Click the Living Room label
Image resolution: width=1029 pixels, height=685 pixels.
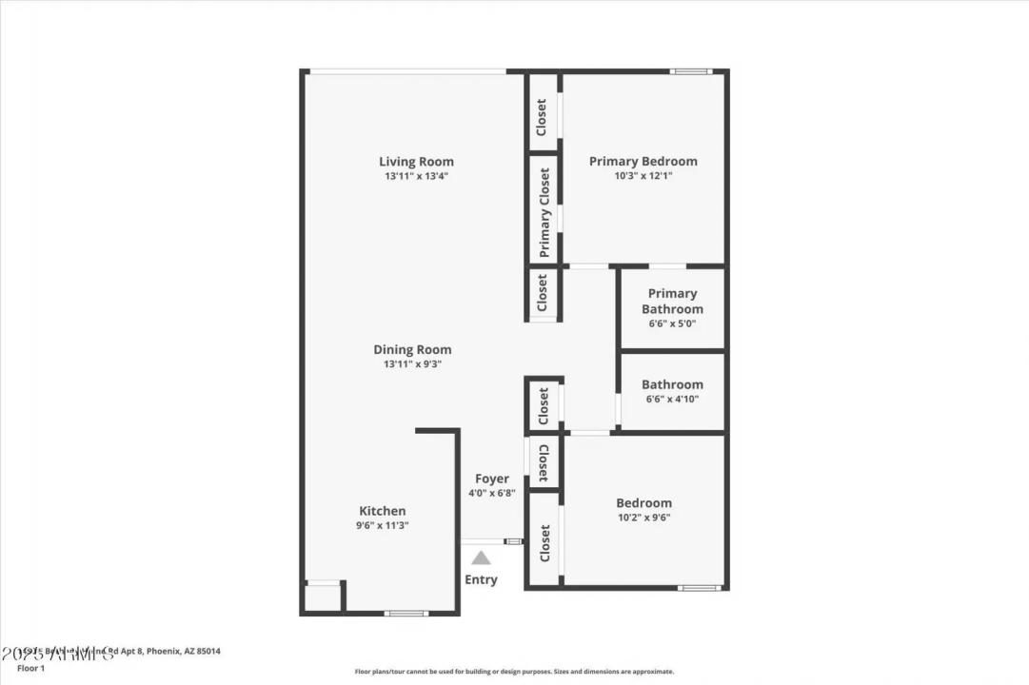click(416, 162)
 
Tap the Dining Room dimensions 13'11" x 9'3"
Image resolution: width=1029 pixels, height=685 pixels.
click(412, 364)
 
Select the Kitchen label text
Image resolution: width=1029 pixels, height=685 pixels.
click(383, 511)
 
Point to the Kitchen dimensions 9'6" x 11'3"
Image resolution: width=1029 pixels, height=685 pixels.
click(383, 525)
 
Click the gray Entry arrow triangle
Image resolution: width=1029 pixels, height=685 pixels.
click(482, 558)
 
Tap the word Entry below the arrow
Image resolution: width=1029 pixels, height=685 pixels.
click(481, 579)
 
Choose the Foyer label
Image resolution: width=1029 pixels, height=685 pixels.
click(492, 479)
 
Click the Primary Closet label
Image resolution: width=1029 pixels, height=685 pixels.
click(544, 212)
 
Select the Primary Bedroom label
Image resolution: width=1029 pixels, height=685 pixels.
click(643, 162)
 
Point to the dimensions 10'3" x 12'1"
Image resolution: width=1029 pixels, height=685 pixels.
click(643, 176)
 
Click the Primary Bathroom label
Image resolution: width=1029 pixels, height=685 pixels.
click(672, 301)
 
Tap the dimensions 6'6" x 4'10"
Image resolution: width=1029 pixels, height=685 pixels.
click(672, 400)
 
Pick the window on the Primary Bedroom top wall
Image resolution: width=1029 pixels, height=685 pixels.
click(690, 71)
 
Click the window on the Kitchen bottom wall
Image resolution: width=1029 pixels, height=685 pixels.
click(406, 613)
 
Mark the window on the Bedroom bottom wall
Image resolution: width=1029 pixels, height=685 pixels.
click(699, 588)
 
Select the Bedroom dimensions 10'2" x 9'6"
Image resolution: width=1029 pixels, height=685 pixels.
click(643, 518)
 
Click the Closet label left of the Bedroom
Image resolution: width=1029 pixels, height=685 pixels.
click(544, 542)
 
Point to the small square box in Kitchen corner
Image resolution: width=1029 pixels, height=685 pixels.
click(323, 597)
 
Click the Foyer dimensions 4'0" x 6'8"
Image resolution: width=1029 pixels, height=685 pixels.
click(492, 494)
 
